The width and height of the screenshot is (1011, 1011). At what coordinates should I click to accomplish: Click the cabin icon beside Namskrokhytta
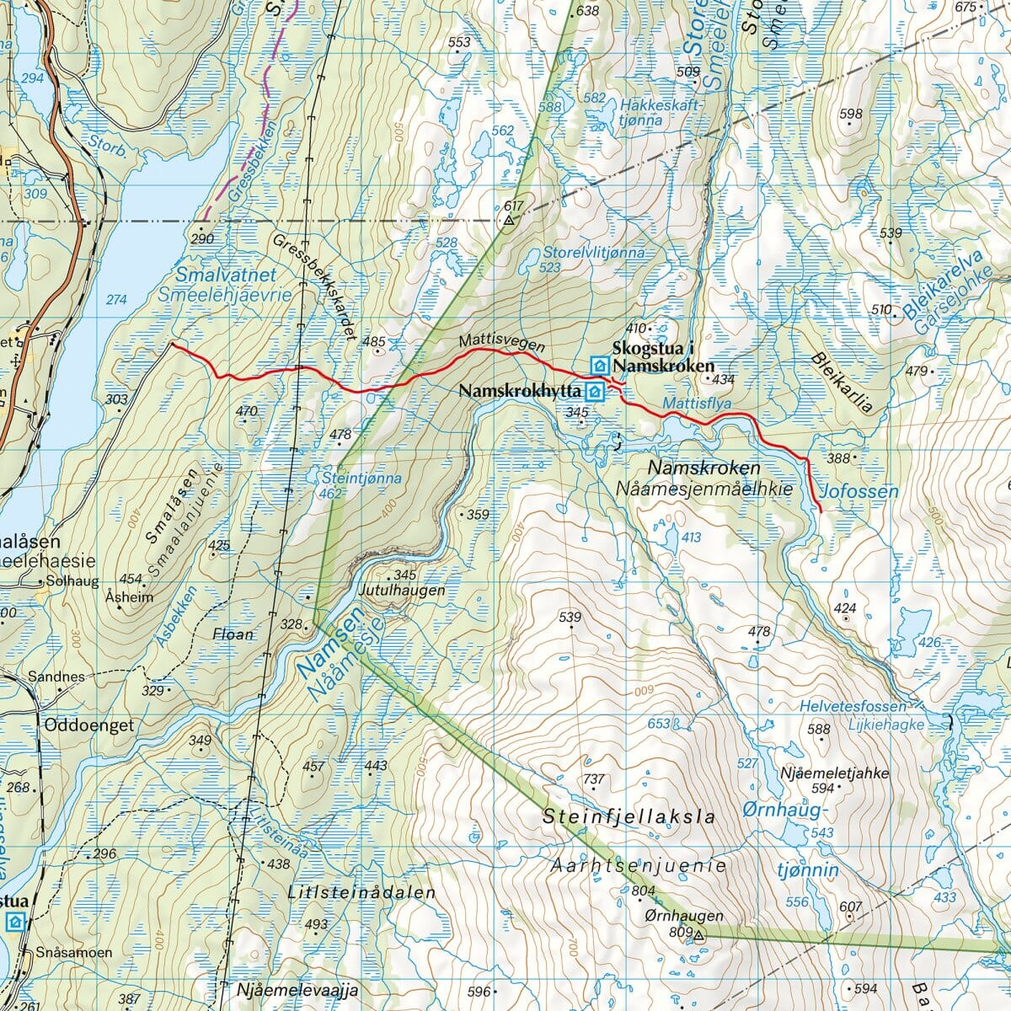595,392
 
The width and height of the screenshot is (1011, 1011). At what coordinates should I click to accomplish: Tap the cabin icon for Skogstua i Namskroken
599,365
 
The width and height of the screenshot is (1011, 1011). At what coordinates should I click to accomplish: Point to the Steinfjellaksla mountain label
629,816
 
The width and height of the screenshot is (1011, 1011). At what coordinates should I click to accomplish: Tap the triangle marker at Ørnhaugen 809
698,933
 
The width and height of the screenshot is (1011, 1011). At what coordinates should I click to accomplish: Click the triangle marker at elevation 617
509,222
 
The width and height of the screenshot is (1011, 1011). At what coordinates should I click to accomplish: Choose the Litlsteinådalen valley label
361,892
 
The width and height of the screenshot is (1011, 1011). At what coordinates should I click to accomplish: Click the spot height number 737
594,779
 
